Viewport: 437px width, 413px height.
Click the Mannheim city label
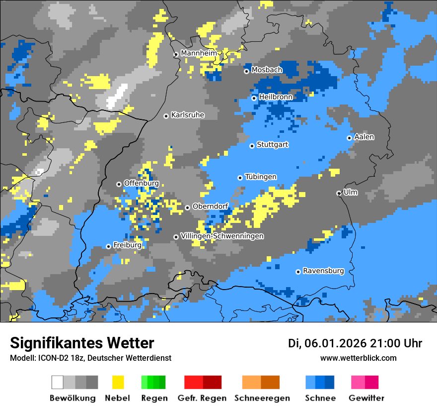point(199,53)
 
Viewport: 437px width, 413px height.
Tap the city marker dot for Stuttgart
point(252,146)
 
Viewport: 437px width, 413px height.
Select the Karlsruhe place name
point(187,115)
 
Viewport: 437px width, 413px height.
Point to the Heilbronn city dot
point(254,98)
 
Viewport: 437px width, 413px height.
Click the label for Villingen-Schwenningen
point(222,236)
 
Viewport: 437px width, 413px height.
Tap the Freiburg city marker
point(109,246)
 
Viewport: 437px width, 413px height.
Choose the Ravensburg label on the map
point(323,271)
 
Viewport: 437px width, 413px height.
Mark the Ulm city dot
point(339,193)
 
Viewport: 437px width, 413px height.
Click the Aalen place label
point(364,137)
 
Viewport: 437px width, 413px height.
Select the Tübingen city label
point(261,177)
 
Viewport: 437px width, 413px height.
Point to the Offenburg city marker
point(119,184)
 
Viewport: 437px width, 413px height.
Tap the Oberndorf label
point(210,206)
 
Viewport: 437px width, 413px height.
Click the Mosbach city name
point(267,70)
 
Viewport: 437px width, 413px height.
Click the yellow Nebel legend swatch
point(118,382)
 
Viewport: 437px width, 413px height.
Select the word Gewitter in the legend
point(366,398)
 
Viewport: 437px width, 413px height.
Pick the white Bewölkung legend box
point(58,382)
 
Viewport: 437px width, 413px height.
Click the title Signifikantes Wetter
point(82,343)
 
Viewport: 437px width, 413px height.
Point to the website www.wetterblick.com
point(358,358)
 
